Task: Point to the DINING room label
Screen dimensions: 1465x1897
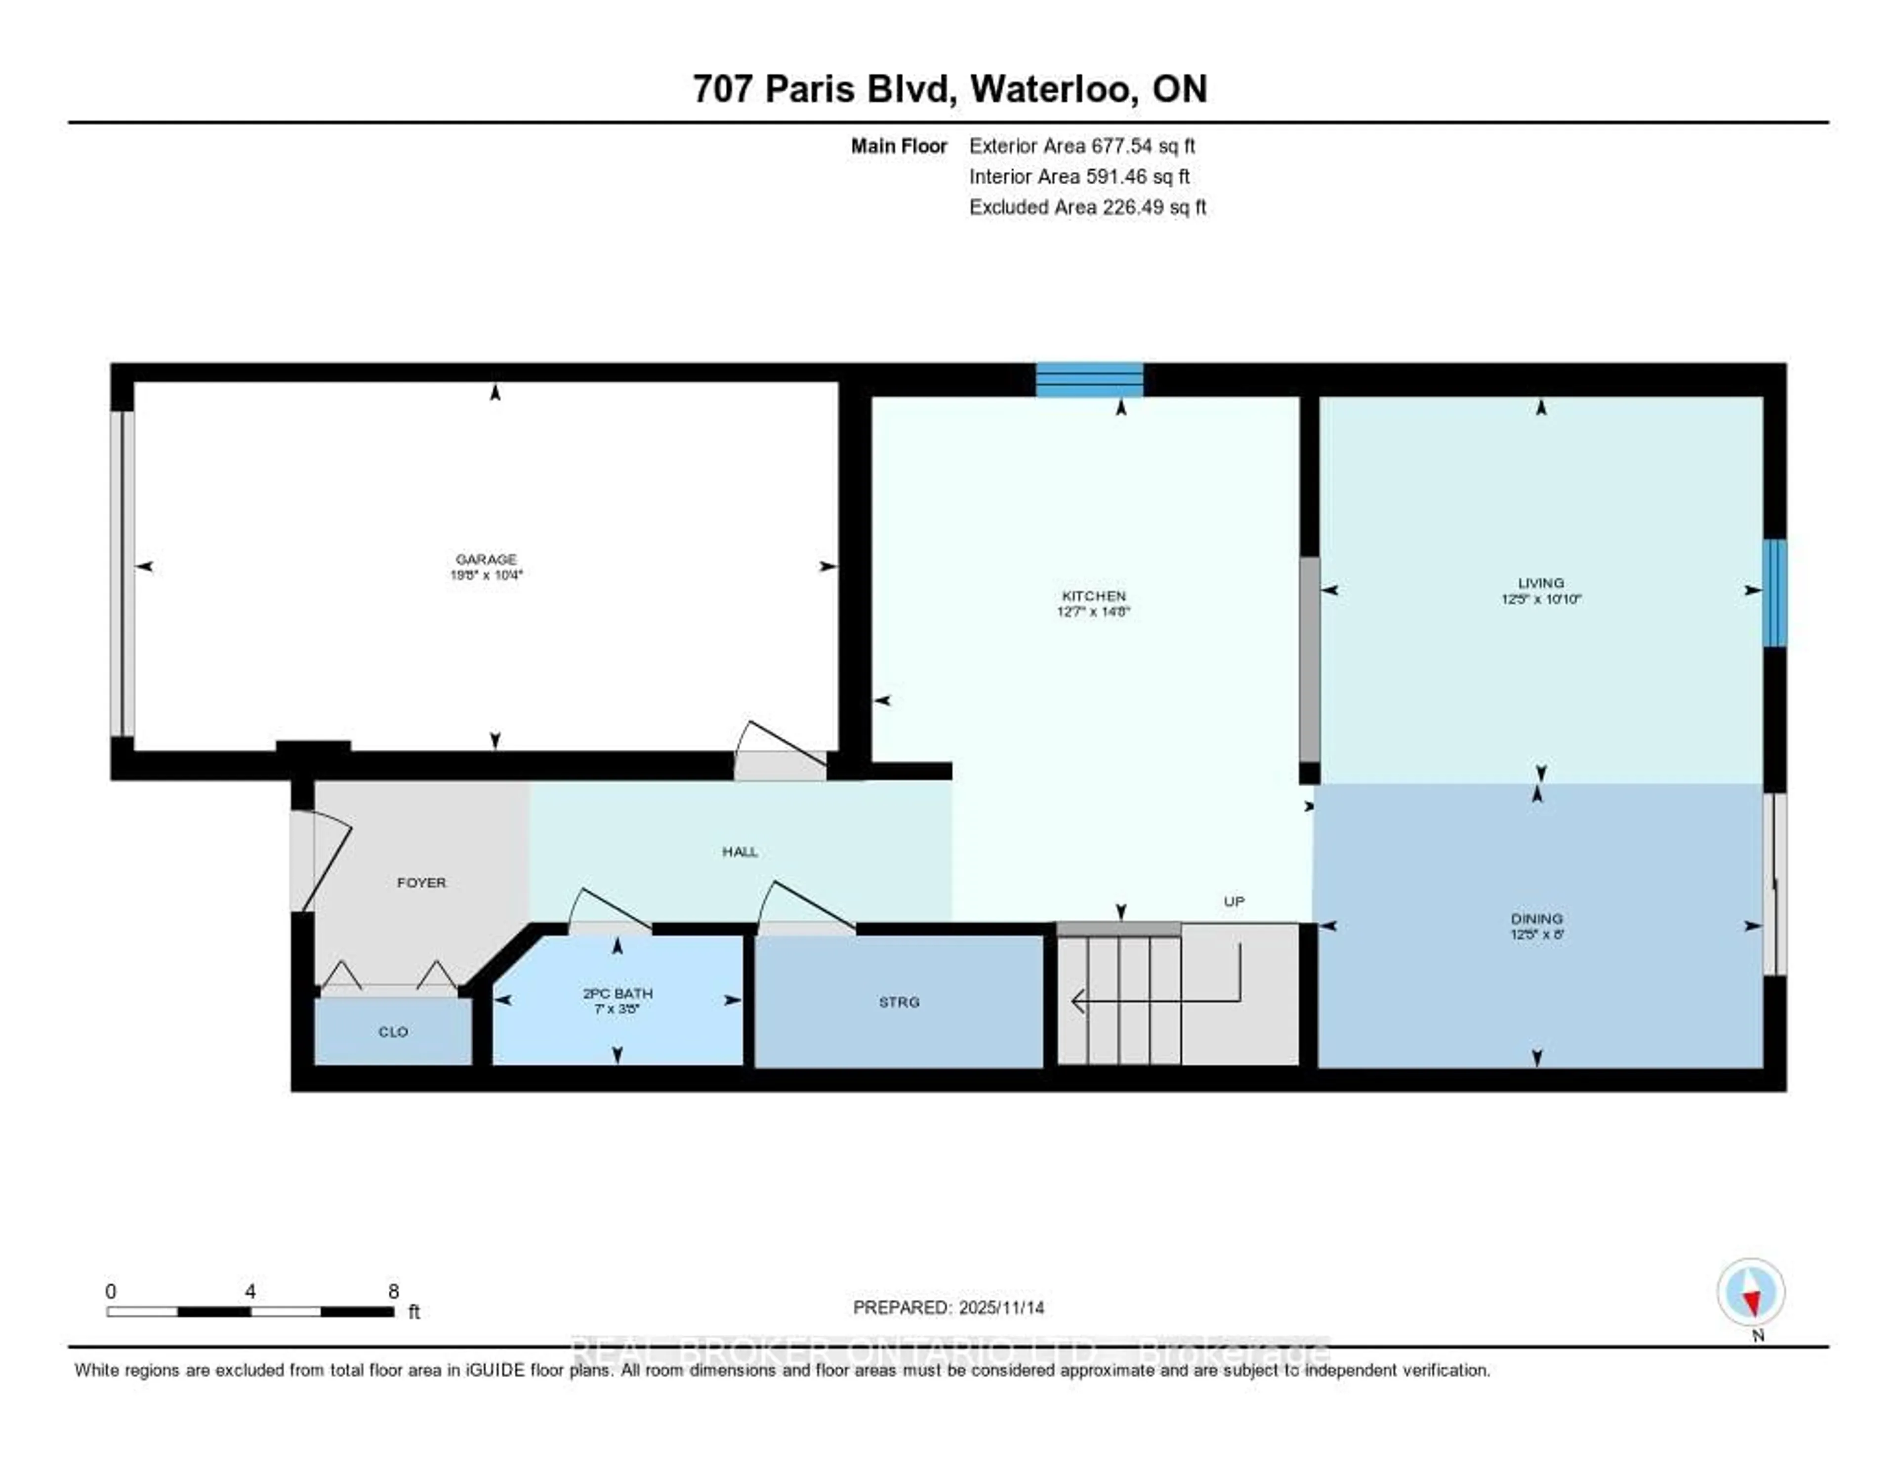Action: point(1536,918)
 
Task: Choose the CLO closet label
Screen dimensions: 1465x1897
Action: point(393,1032)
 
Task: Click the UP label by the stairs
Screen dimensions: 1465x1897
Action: point(1234,901)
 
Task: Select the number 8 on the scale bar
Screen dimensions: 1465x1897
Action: point(393,1291)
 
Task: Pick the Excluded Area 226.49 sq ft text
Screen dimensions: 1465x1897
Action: point(1087,206)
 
